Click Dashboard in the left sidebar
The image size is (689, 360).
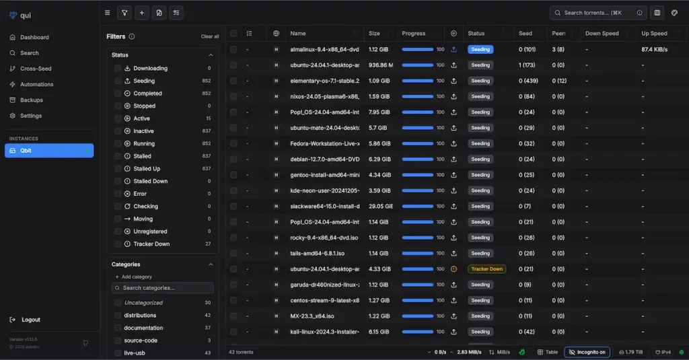(x=34, y=37)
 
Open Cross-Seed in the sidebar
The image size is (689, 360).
(x=36, y=69)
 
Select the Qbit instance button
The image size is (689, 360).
(x=49, y=151)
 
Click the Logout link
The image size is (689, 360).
(x=30, y=320)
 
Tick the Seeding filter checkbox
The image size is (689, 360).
(x=118, y=81)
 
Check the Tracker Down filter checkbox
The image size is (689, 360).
(x=118, y=244)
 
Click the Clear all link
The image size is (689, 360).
(x=210, y=36)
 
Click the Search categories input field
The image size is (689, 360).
(x=163, y=288)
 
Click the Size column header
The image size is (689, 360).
(x=374, y=33)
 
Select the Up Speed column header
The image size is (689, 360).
(x=654, y=33)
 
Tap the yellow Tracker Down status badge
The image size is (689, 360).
(x=486, y=269)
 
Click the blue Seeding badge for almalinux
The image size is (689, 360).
(x=480, y=49)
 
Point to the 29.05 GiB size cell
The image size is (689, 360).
(x=380, y=206)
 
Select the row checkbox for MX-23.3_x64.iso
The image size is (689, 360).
(x=233, y=316)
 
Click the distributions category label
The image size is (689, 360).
(x=140, y=316)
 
